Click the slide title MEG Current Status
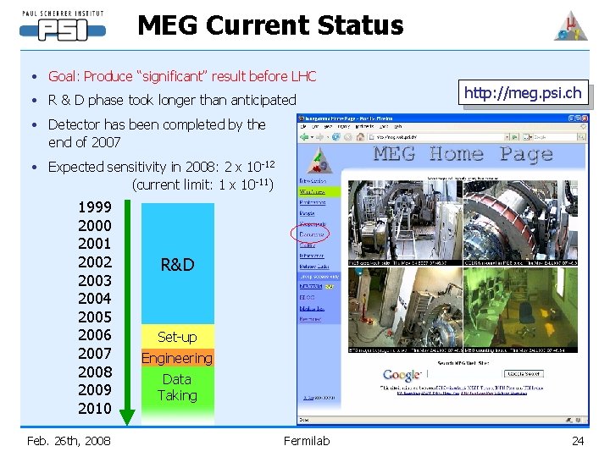[270, 25]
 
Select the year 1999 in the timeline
[94, 207]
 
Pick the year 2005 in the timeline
[94, 317]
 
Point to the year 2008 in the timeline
[94, 372]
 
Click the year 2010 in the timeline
[94, 408]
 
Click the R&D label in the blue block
[177, 265]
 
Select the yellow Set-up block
[177, 337]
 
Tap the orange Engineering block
[177, 358]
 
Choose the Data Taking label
[177, 388]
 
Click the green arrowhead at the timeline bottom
[127, 416]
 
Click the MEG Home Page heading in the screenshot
[463, 154]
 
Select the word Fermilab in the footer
[307, 440]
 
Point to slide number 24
[578, 440]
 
